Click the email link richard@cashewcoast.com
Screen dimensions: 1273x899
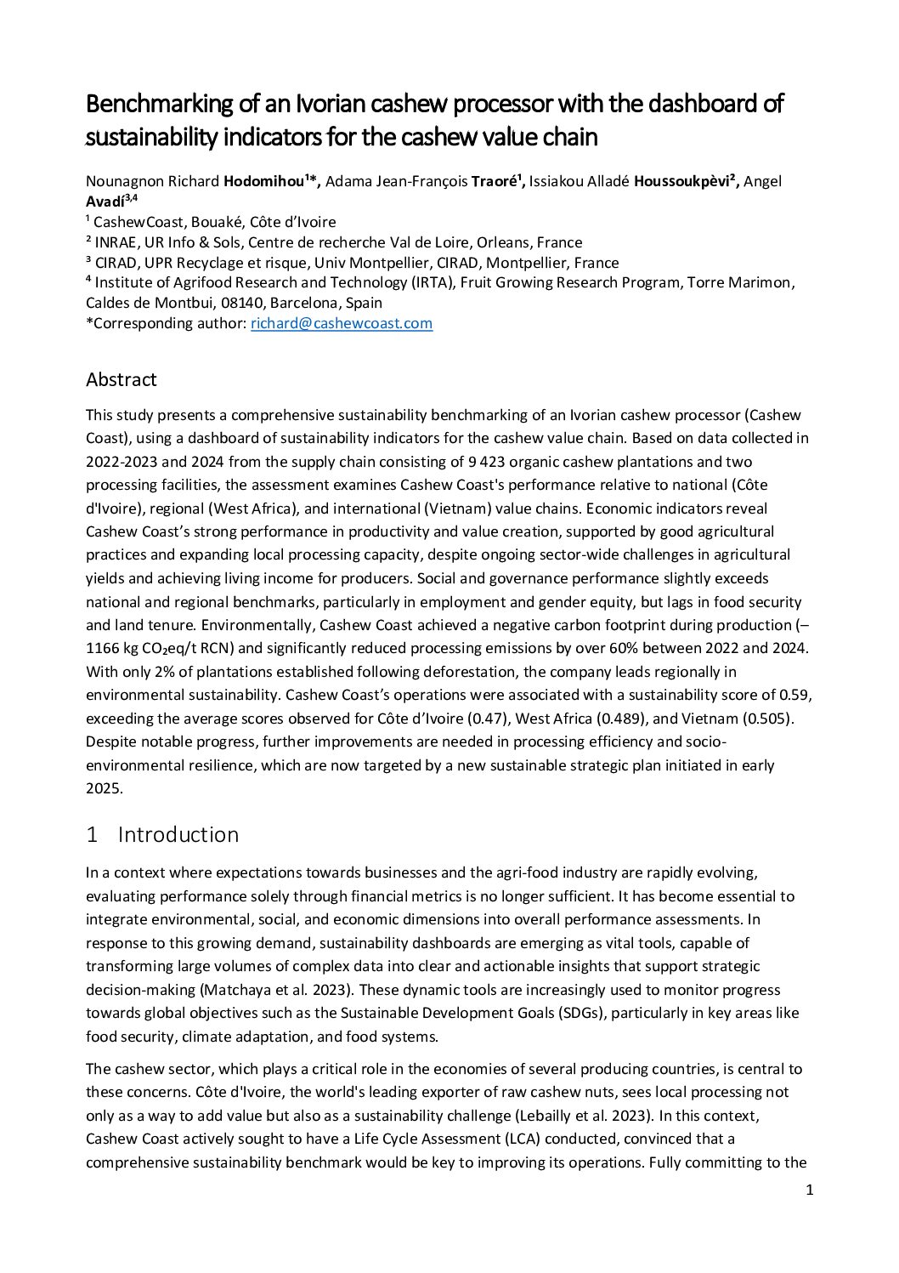[342, 323]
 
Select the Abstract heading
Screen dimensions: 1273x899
[121, 379]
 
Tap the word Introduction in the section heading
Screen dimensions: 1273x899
[178, 834]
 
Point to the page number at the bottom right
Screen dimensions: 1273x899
[809, 1190]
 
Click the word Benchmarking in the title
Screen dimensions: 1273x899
[160, 104]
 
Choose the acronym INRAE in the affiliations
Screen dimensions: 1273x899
[117, 242]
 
